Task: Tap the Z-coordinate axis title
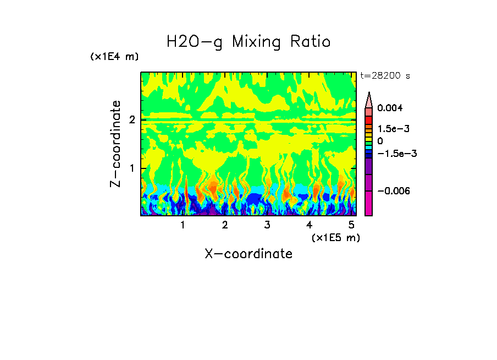pos(115,143)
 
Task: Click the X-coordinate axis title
pos(248,254)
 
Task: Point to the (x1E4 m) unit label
pos(114,57)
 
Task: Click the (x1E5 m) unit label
pos(335,237)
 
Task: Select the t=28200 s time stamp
pos(385,75)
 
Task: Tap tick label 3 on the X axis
pos(267,225)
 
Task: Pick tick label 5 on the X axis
pos(351,225)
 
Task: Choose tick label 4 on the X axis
pos(309,225)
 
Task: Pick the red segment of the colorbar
pos(369,119)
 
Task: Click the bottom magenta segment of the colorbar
pos(369,203)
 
